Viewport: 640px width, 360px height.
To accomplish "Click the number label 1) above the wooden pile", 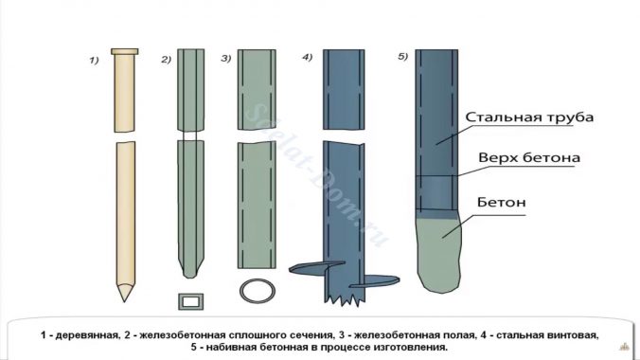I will [95, 61].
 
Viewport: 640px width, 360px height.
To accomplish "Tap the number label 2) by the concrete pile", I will [166, 60].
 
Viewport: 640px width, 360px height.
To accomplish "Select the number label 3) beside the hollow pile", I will [225, 60].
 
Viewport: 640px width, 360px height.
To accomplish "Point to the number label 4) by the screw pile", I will [307, 58].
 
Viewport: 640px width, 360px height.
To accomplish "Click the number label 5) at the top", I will [402, 57].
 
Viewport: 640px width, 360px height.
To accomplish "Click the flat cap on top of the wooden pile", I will [124, 50].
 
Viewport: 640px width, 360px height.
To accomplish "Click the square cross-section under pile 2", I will [191, 301].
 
